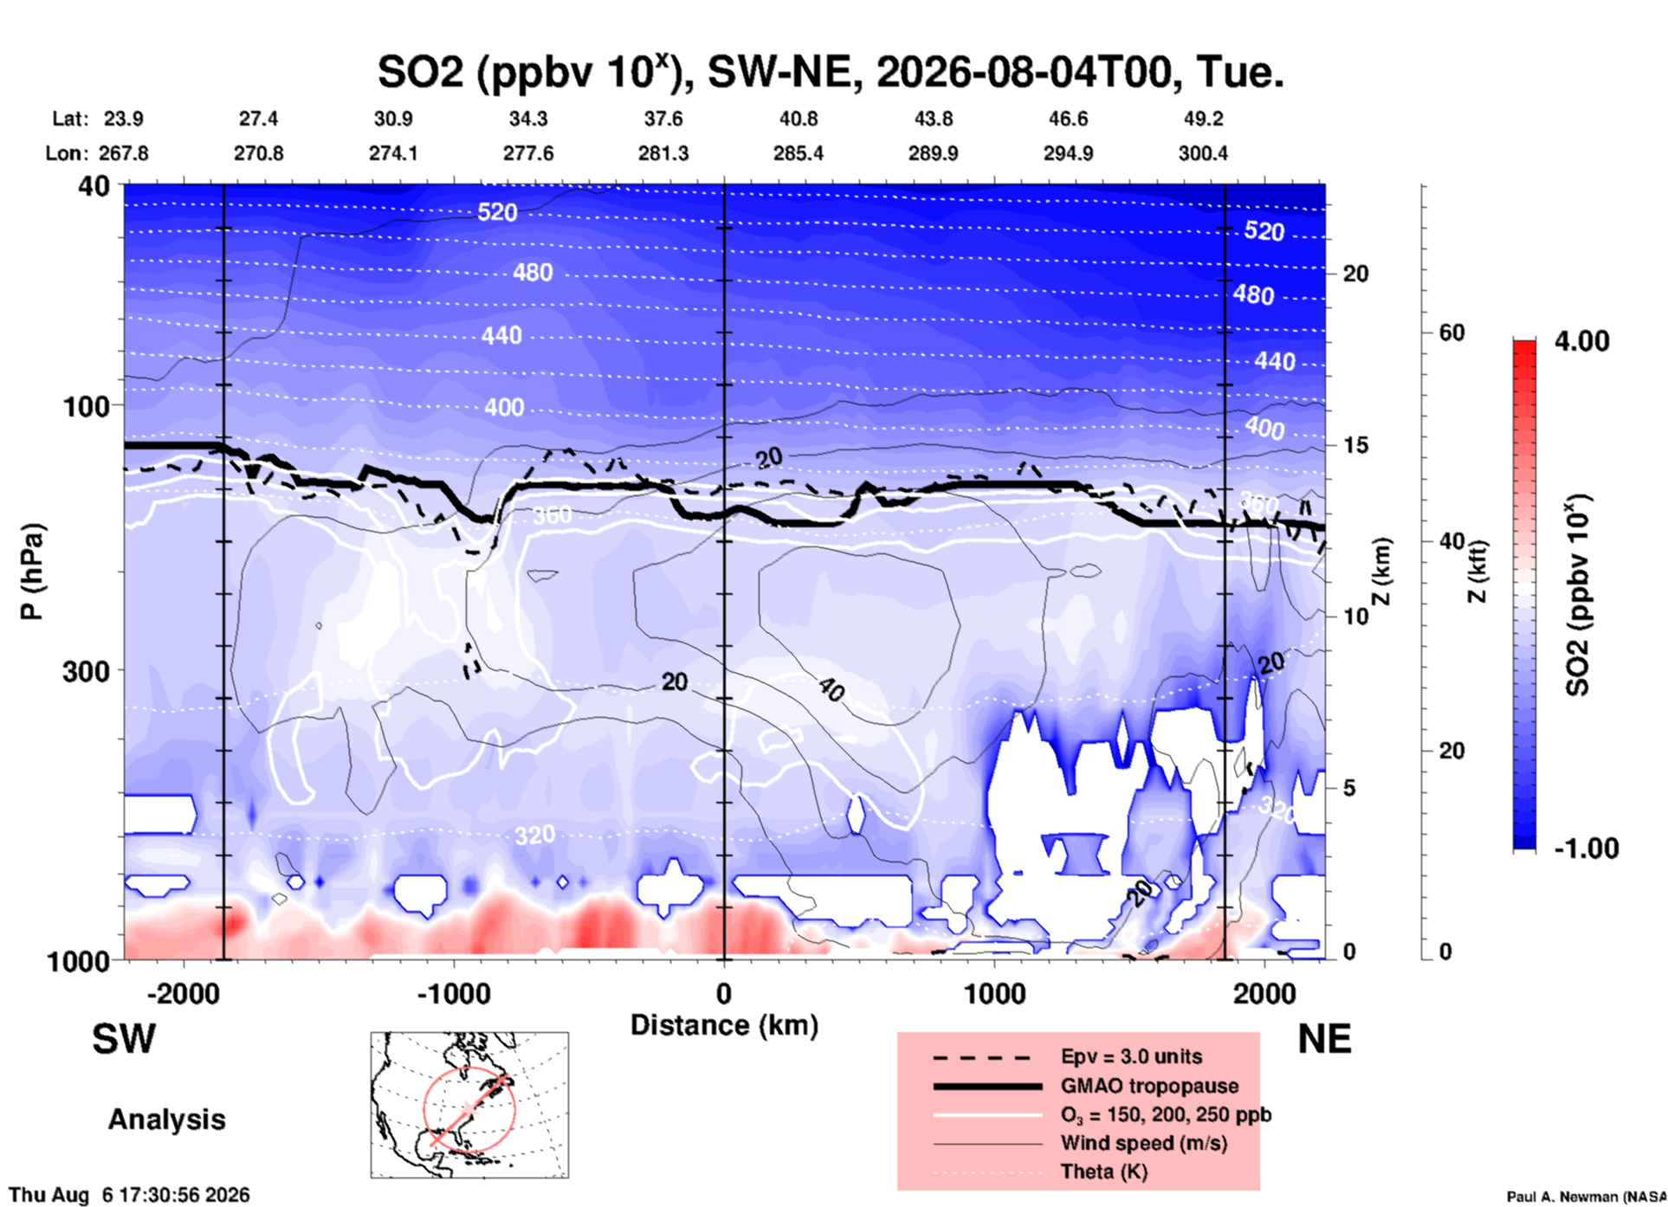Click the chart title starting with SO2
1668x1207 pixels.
point(831,71)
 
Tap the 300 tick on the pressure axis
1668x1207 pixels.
point(87,671)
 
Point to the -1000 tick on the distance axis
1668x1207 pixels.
point(454,993)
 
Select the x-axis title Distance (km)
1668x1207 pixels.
point(724,1025)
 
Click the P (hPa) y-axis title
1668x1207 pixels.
point(32,571)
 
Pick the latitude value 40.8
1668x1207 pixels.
point(798,119)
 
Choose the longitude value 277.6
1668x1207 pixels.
point(528,153)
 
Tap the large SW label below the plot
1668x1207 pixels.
point(124,1039)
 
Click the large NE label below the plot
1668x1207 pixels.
point(1324,1039)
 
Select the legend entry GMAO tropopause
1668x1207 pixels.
point(1149,1086)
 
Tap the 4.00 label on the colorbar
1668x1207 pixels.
point(1581,341)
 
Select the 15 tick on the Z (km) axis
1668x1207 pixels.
point(1355,445)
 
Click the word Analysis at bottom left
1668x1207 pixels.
point(166,1120)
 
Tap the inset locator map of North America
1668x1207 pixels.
point(469,1105)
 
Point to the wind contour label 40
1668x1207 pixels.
point(831,690)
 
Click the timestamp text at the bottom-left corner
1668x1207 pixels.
point(130,1195)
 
